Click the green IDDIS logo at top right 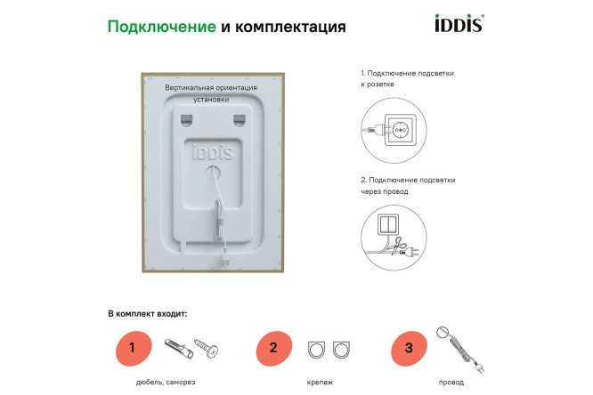(458, 23)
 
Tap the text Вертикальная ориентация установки (211, 93)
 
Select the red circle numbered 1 (132, 347)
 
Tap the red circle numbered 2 (273, 347)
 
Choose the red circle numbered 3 (409, 347)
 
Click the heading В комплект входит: (148, 313)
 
